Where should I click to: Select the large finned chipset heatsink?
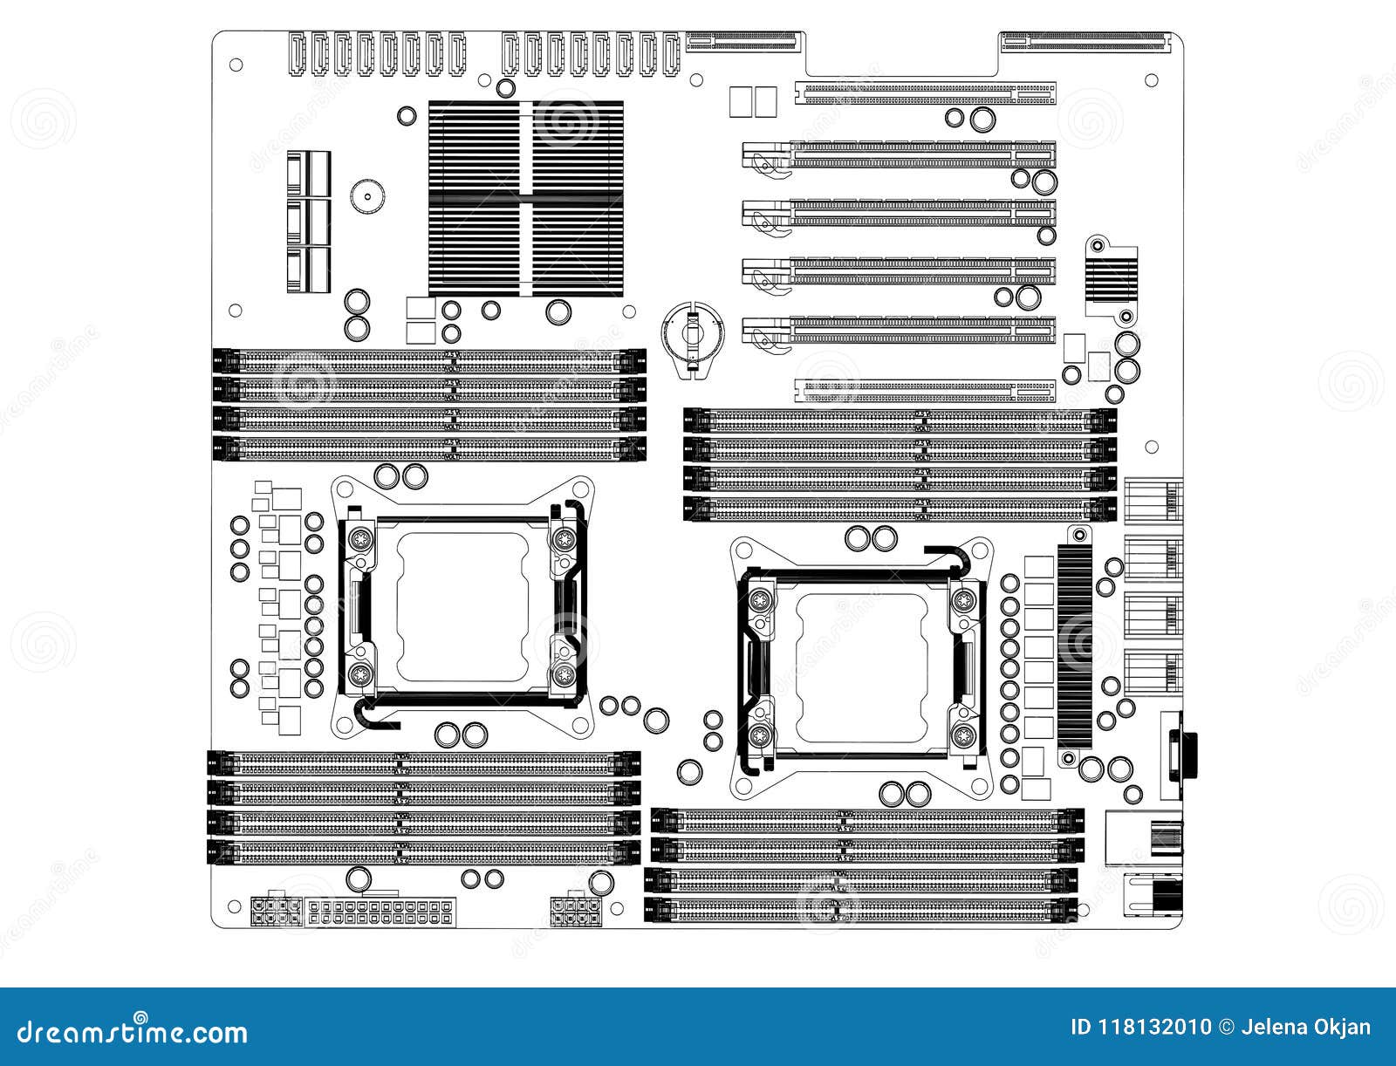coord(526,198)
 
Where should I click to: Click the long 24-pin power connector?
coord(381,913)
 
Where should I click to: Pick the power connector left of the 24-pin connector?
coord(275,912)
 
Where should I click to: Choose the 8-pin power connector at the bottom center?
coord(577,912)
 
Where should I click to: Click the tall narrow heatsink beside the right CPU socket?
coord(1075,647)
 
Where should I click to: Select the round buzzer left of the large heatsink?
coord(367,196)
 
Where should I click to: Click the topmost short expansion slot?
coord(925,91)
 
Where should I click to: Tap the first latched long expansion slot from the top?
coord(900,155)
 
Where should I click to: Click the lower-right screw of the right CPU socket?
coord(963,735)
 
